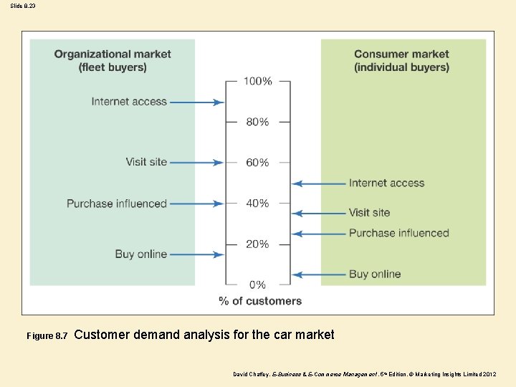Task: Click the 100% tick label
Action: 258,81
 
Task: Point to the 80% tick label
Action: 258,122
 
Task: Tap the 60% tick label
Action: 258,163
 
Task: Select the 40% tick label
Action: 258,204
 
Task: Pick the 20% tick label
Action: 258,244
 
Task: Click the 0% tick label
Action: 258,285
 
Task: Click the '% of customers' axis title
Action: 260,301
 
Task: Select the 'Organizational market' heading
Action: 113,54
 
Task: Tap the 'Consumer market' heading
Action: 401,54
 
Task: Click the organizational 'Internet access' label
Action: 129,102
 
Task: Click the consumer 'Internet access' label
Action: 386,183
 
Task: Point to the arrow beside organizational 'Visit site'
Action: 196,163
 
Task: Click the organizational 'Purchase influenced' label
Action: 117,204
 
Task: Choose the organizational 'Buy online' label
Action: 140,254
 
